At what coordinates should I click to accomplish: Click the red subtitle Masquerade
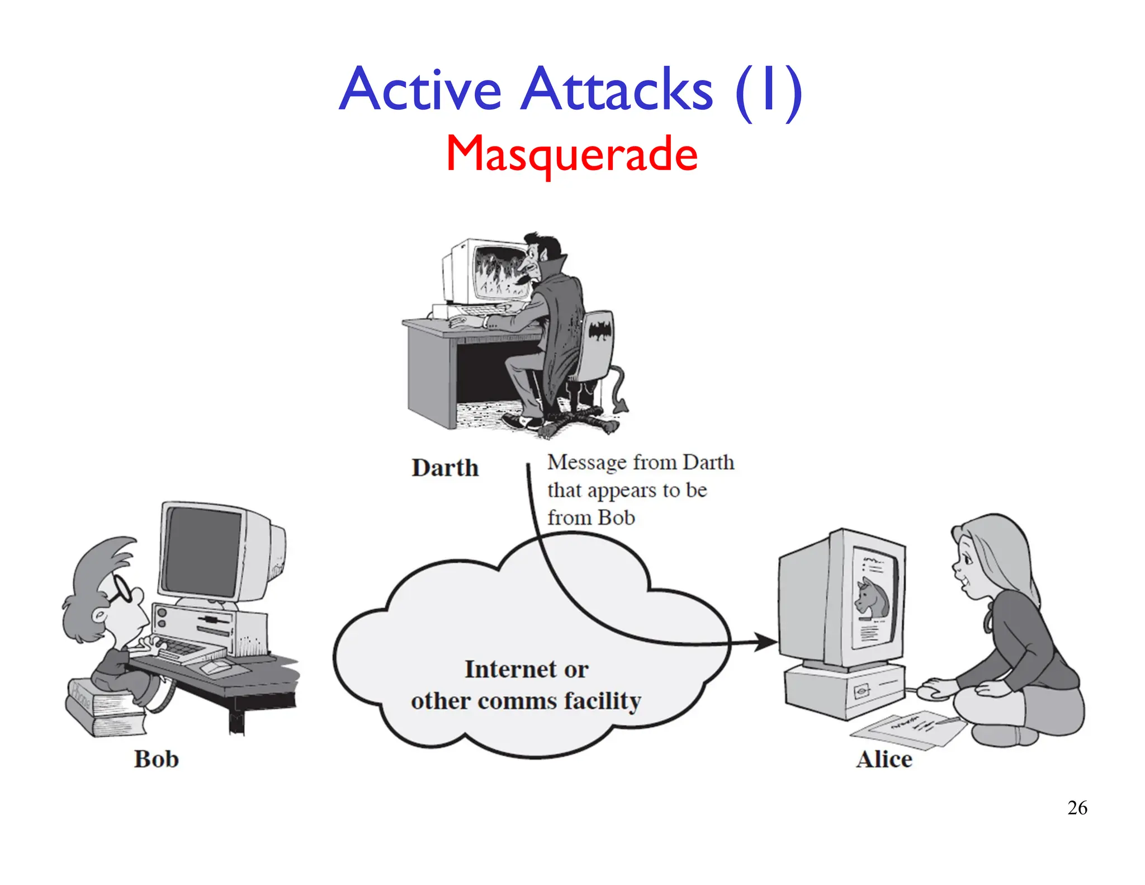point(571,154)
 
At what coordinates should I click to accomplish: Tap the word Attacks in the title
point(617,90)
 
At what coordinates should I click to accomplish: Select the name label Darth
point(445,468)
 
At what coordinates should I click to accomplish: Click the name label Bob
point(157,759)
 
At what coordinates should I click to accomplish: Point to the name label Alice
point(884,759)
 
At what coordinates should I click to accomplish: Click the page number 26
point(1077,808)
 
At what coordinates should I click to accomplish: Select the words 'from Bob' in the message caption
point(591,518)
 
